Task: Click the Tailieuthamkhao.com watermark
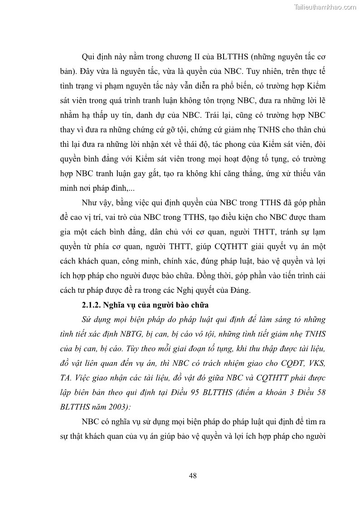[325, 7]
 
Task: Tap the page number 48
[192, 475]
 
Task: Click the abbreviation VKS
[313, 348]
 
